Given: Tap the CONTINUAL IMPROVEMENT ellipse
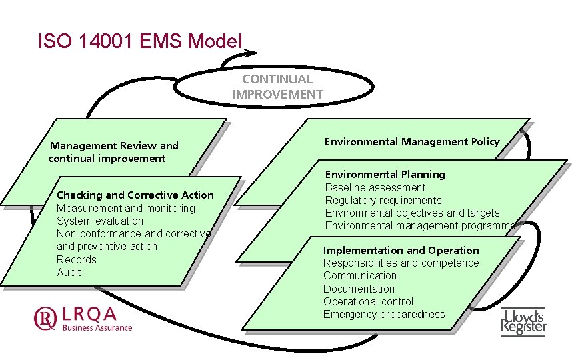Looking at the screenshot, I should coord(277,87).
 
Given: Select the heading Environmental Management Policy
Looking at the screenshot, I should coord(411,141).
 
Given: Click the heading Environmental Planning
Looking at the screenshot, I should coord(385,174).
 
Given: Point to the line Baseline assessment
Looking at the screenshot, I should coord(375,187).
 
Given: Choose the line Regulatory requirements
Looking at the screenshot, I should coord(383,200).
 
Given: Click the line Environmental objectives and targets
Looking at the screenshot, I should coord(412,213).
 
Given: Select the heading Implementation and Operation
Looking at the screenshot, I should coord(401,250).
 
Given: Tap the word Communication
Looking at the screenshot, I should coord(359,275).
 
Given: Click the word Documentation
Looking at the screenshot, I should coord(359,289).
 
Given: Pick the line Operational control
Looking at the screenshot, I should coord(368,301).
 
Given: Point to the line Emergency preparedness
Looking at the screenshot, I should coord(384,314).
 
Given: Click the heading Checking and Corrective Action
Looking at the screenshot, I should coord(135,195).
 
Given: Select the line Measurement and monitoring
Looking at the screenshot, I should coord(126,208).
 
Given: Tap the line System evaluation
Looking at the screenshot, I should coord(99,221).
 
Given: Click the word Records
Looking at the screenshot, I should coord(76,259).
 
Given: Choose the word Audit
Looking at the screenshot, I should coord(69,272).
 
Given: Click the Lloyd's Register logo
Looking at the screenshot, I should coord(523,321).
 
